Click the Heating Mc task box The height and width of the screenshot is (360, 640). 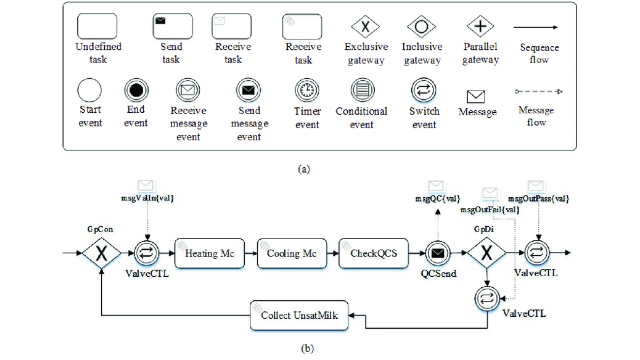209,253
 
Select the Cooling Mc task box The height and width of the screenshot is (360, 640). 292,253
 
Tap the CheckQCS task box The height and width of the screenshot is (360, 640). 373,253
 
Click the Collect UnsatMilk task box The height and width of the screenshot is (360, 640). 299,315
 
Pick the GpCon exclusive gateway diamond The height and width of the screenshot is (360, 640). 101,253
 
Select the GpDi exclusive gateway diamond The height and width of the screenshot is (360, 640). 486,253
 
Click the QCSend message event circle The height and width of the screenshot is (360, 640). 438,253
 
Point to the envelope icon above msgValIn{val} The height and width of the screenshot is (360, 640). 145,185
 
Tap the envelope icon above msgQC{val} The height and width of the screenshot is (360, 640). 436,186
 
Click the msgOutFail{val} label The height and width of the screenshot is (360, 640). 490,210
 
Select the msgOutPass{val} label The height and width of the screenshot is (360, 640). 538,199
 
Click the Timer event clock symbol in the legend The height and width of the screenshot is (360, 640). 307,90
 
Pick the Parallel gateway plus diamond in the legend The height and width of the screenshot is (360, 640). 480,26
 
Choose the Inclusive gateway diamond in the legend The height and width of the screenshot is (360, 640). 421,26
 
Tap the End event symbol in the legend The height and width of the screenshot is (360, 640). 136,90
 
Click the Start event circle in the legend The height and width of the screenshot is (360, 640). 89,90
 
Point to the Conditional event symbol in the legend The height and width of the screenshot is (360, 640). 362,90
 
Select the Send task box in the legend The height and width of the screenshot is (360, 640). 172,26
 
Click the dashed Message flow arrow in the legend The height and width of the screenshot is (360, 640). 538,91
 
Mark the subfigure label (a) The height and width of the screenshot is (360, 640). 304,169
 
